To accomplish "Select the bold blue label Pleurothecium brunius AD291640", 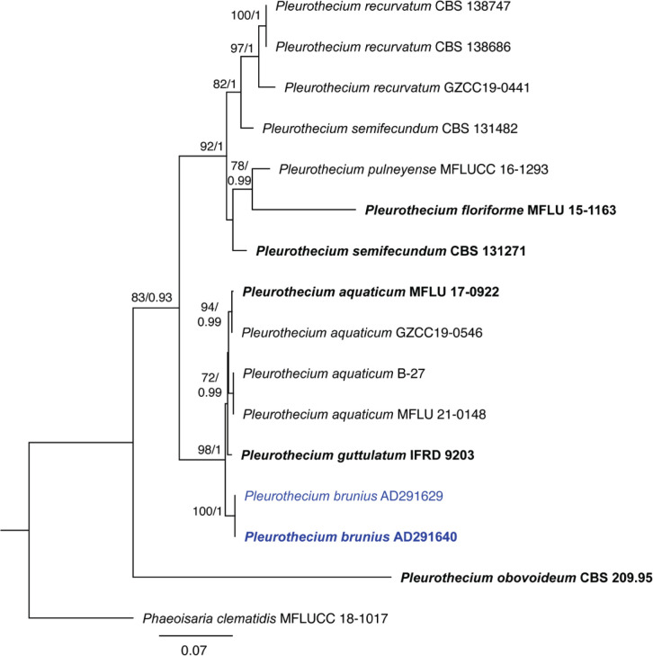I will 352,537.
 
